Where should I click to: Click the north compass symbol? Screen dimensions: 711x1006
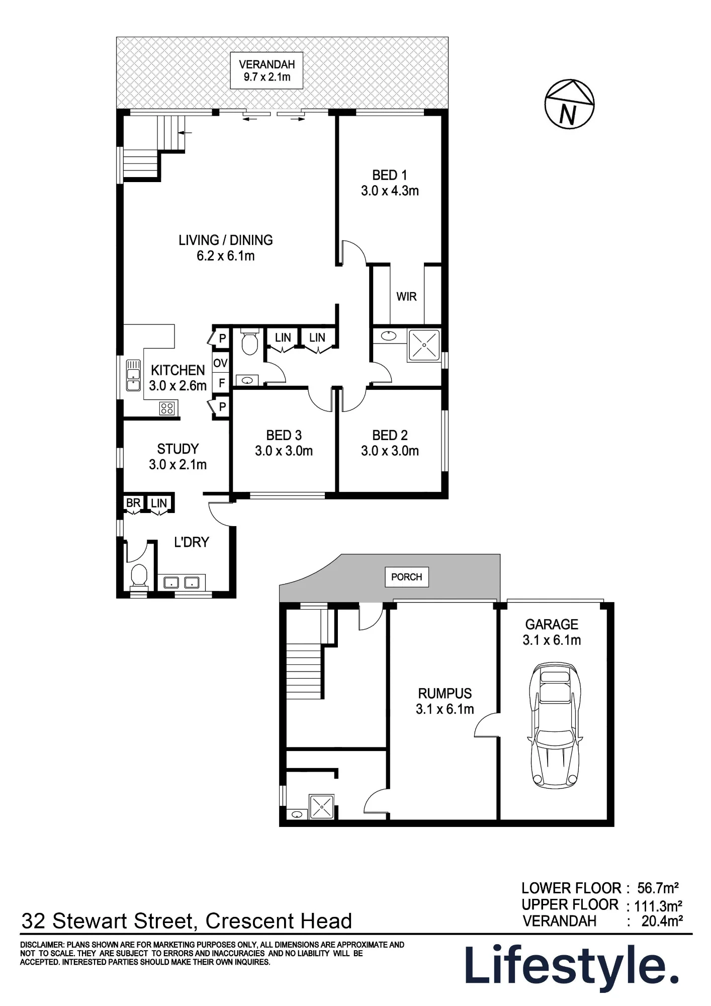[569, 104]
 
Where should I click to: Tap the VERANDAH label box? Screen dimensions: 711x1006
[266, 70]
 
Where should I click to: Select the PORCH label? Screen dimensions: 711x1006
[407, 577]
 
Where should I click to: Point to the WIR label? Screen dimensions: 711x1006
[406, 297]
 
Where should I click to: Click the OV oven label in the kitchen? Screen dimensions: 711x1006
[220, 363]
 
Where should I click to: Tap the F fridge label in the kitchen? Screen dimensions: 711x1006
[222, 383]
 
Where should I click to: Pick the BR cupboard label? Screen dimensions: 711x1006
[133, 503]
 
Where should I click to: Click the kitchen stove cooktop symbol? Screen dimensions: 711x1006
[167, 408]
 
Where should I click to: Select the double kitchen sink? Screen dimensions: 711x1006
[133, 375]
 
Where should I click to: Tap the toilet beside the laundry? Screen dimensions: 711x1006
[139, 577]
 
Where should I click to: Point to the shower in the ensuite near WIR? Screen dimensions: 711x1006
[424, 345]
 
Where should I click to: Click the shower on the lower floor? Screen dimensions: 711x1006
[321, 807]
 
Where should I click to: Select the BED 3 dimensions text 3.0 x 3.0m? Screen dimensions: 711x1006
[284, 451]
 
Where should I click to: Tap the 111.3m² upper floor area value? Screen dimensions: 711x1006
[658, 906]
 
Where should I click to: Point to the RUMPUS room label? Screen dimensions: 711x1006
[445, 694]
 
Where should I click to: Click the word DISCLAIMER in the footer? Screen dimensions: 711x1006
[42, 945]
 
